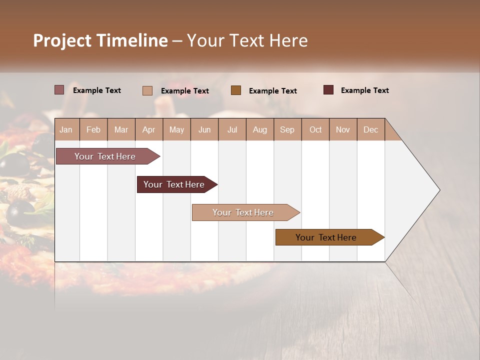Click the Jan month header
(x=66, y=129)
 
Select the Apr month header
(x=148, y=129)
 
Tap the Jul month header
(x=232, y=129)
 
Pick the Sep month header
(x=287, y=129)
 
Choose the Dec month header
(x=370, y=129)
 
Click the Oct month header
(x=315, y=129)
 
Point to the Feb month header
(x=93, y=129)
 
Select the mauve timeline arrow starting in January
(x=105, y=156)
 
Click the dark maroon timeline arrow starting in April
(x=174, y=184)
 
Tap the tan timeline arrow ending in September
(x=243, y=212)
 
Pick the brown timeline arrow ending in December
(x=326, y=237)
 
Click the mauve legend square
(x=59, y=90)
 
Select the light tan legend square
(x=147, y=90)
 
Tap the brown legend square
(x=236, y=90)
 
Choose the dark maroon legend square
(x=328, y=90)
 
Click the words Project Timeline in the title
(x=100, y=40)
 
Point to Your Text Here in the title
(x=247, y=40)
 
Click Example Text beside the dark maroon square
(x=364, y=90)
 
